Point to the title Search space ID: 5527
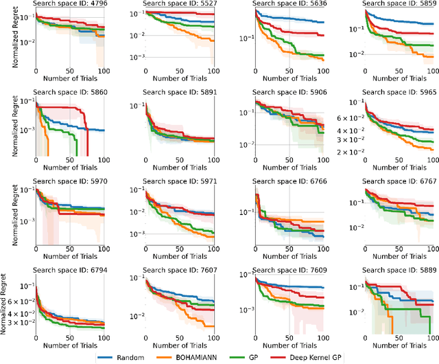tap(179, 4)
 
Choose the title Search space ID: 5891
tap(179, 95)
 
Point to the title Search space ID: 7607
tap(179, 270)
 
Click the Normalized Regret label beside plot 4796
tap(5, 39)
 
